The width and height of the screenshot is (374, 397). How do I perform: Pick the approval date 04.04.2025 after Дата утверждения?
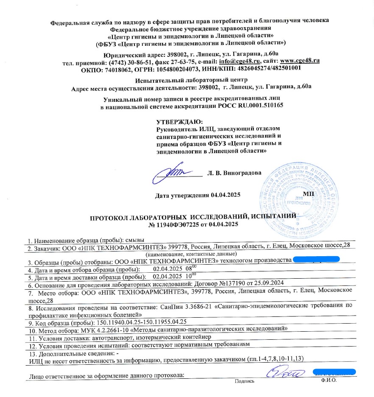226,195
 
